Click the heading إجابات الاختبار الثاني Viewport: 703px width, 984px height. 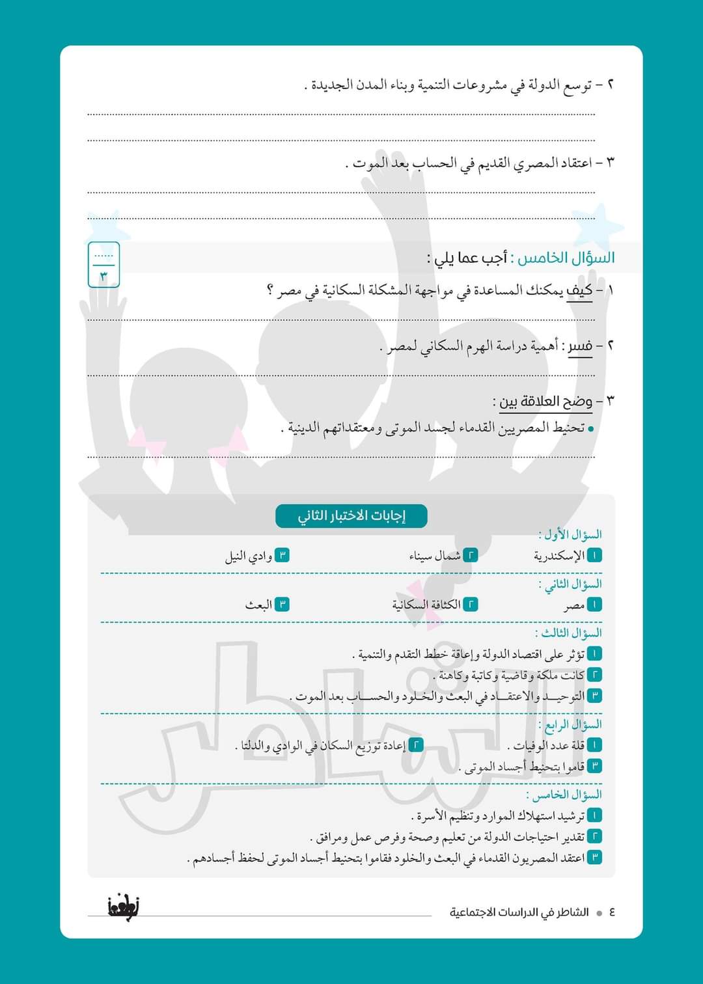click(351, 516)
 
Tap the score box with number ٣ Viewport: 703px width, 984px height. click(103, 264)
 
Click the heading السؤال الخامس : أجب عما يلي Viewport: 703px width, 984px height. click(521, 258)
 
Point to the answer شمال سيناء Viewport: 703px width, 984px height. click(435, 556)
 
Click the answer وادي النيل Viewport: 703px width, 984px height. click(249, 556)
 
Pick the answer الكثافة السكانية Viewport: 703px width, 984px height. click(426, 605)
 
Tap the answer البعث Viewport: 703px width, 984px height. click(258, 605)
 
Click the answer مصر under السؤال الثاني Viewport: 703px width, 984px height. click(574, 606)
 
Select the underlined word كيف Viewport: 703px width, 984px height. click(579, 291)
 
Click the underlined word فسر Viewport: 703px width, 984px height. click(579, 346)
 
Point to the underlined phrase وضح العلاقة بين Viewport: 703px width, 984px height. click(545, 401)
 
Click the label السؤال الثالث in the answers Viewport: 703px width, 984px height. click(568, 633)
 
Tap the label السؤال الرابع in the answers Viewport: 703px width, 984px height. click(570, 724)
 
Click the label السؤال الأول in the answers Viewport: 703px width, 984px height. click(570, 535)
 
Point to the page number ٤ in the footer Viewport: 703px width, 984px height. click(612, 912)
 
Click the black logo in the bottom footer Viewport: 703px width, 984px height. click(123, 906)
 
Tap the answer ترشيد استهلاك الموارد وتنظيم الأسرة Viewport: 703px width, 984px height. click(500, 815)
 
